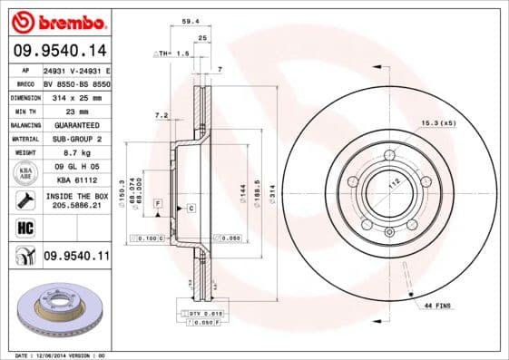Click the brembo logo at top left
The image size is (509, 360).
[55, 21]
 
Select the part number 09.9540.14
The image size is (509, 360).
[58, 50]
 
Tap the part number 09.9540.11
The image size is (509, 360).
[76, 257]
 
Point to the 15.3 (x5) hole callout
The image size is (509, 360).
[437, 123]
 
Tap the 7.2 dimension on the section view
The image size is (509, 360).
[162, 115]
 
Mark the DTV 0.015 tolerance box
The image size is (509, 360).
[203, 313]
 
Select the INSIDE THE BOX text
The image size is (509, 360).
[76, 196]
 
